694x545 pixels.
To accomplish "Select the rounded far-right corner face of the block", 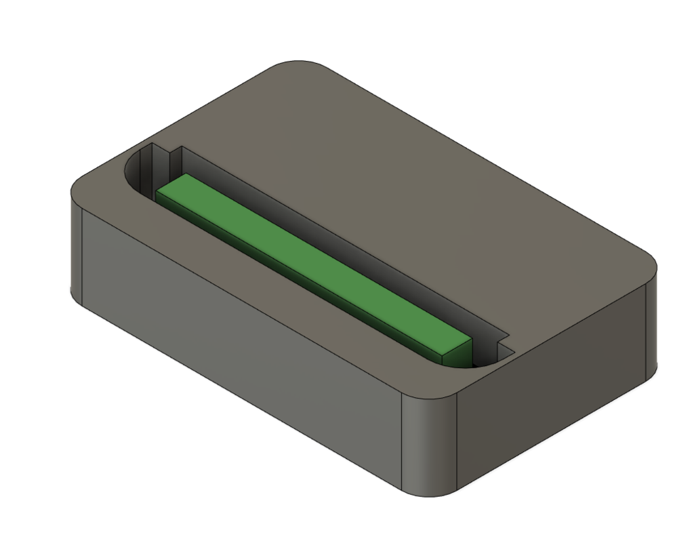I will click(x=651, y=325).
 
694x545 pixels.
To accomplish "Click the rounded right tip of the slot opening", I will click(x=474, y=366).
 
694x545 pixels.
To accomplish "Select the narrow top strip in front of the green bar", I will click(x=271, y=285).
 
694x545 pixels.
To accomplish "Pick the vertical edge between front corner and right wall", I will click(x=456, y=441).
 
